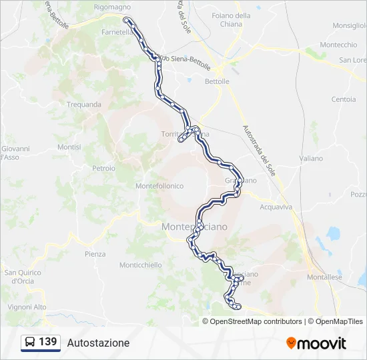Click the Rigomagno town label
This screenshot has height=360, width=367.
112,7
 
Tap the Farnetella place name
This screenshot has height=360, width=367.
116,31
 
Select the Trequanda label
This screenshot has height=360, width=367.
84,104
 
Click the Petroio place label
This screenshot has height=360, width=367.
103,168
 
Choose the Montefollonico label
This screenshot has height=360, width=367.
159,186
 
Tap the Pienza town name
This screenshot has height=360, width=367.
95,254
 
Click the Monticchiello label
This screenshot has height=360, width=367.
140,265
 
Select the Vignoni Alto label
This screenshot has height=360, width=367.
27,307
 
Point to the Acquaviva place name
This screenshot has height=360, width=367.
276,207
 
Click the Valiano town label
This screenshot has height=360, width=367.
311,159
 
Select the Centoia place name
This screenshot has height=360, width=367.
344,99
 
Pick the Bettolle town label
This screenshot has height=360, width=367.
217,81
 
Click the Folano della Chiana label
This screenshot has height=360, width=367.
231,20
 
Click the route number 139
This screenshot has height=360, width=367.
48,342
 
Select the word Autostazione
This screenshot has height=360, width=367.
98,343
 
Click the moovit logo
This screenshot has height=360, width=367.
316,343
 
